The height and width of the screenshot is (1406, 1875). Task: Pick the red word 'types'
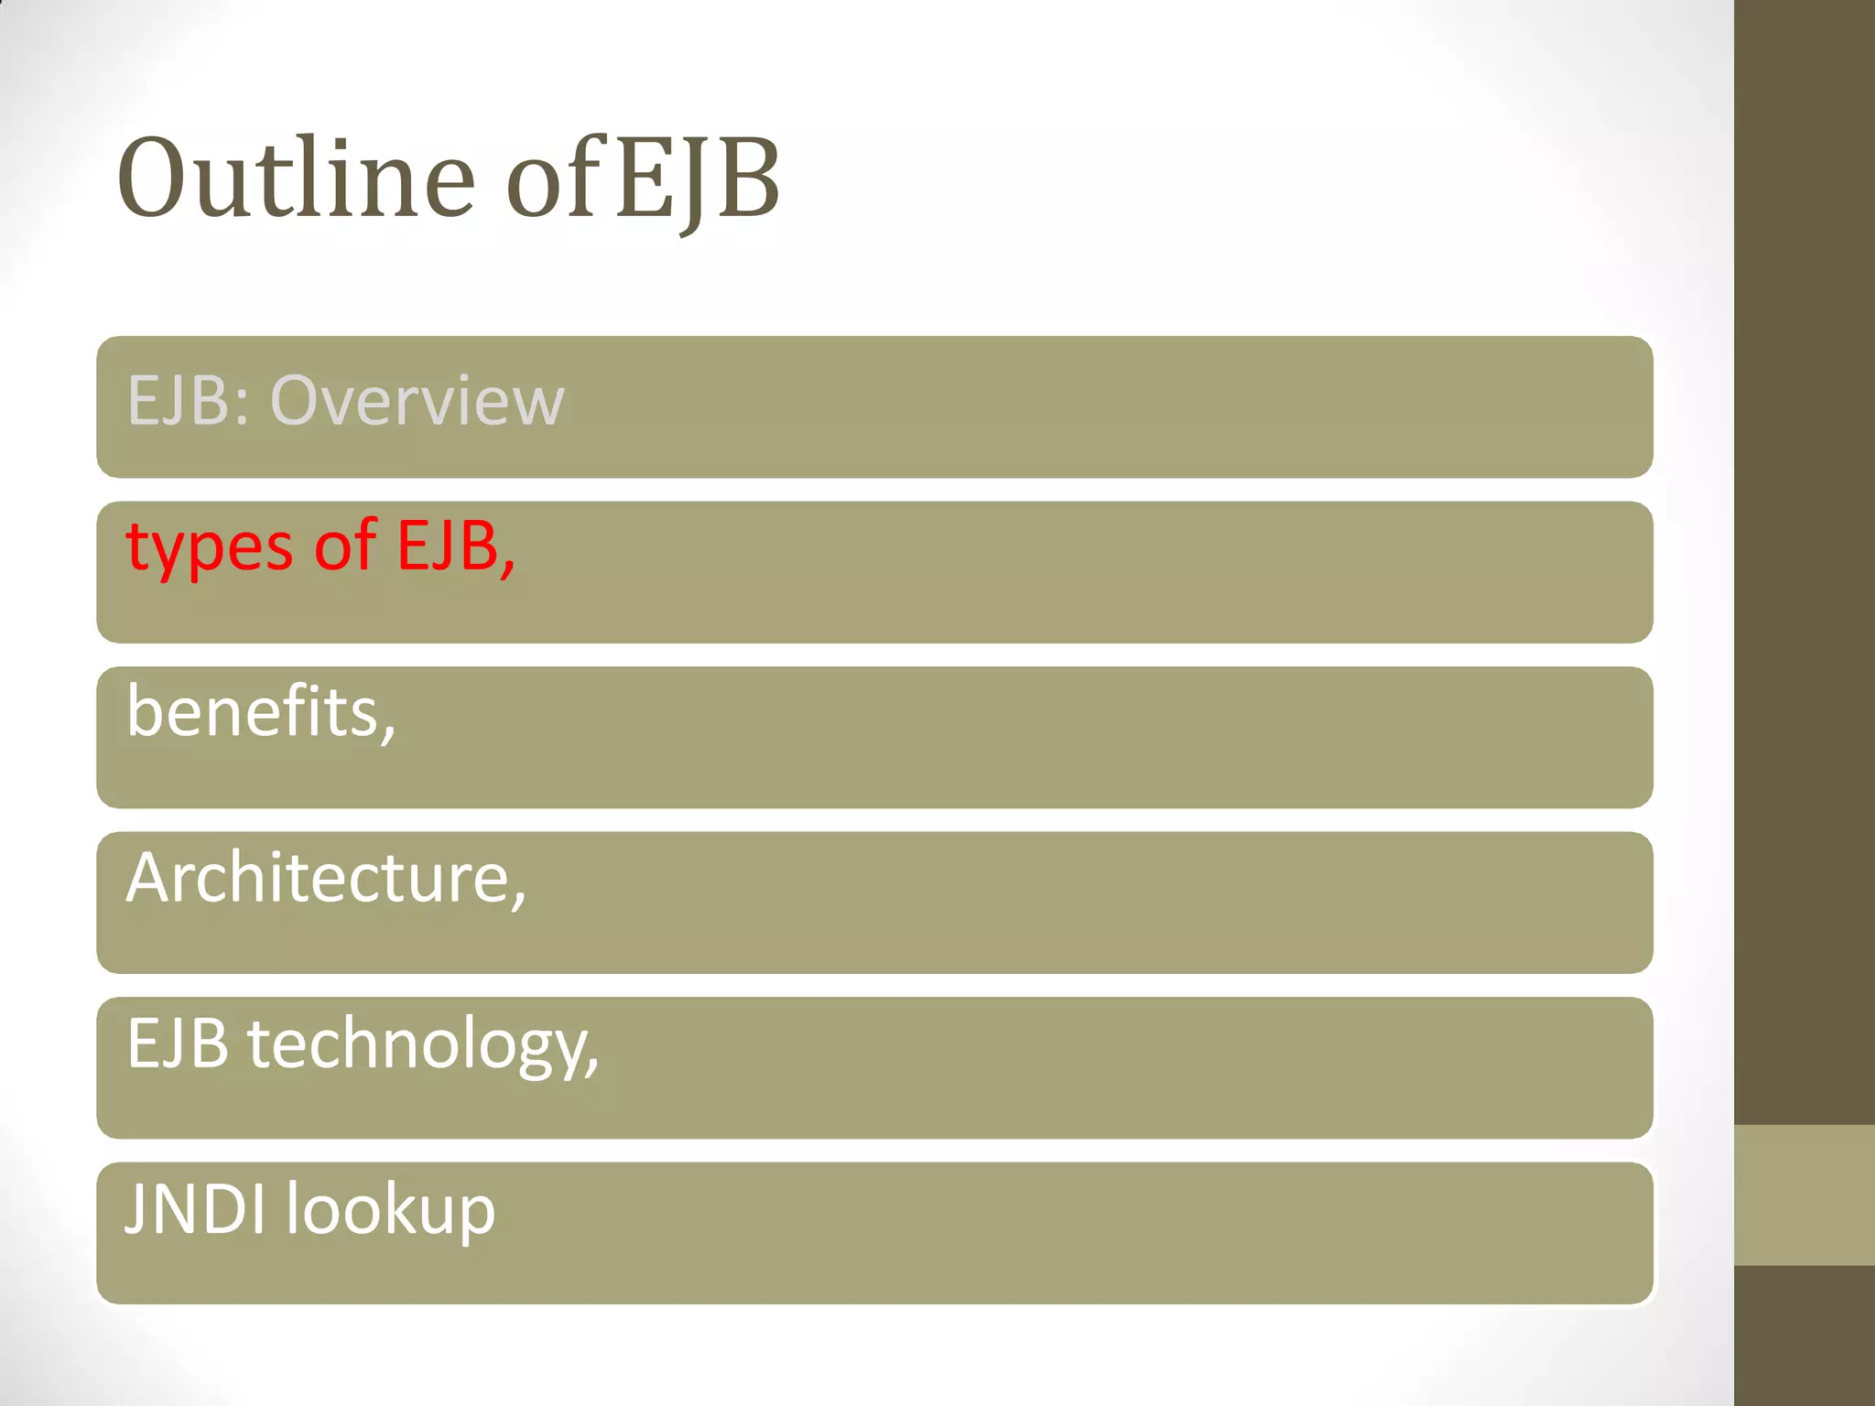(210, 547)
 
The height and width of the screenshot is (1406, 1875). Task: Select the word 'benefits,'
(261, 712)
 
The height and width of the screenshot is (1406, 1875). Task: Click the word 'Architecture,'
(326, 878)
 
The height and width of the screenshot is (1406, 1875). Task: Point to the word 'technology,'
(423, 1044)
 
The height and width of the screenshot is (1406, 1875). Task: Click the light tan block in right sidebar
(1804, 1195)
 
